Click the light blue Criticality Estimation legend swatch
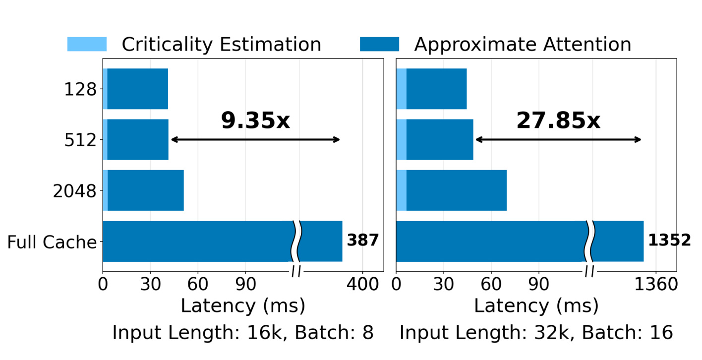click(x=87, y=44)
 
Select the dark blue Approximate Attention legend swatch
click(x=380, y=44)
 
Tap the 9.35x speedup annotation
click(x=255, y=120)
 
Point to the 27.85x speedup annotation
click(x=558, y=120)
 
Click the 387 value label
click(x=363, y=240)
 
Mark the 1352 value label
click(x=669, y=240)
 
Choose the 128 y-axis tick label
click(x=80, y=90)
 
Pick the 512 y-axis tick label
click(x=80, y=140)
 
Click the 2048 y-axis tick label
click(x=74, y=191)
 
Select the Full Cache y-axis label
click(x=52, y=242)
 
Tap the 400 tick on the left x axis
click(x=362, y=285)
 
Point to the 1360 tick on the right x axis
click(x=656, y=285)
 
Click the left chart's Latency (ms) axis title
click(x=243, y=306)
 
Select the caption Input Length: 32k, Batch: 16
click(x=536, y=332)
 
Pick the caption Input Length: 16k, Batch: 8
click(x=243, y=332)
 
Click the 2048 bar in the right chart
click(x=451, y=190)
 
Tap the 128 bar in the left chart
click(x=135, y=89)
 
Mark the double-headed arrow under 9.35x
click(x=255, y=139)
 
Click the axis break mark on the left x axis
click(x=296, y=271)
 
